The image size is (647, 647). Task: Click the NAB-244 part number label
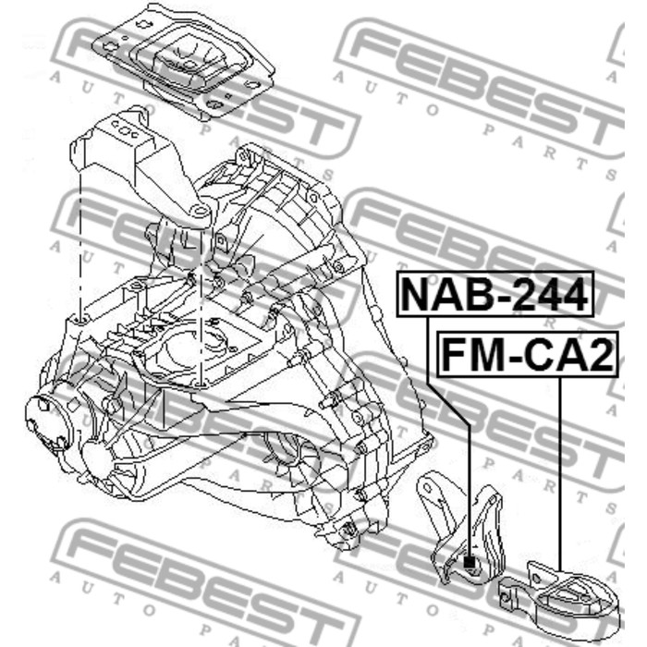coord(494,295)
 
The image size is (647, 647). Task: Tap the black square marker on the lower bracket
coord(470,561)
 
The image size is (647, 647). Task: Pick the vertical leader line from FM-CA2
coord(560,471)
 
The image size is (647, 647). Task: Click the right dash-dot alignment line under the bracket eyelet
coord(201,305)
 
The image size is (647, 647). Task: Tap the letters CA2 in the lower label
coord(567,354)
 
